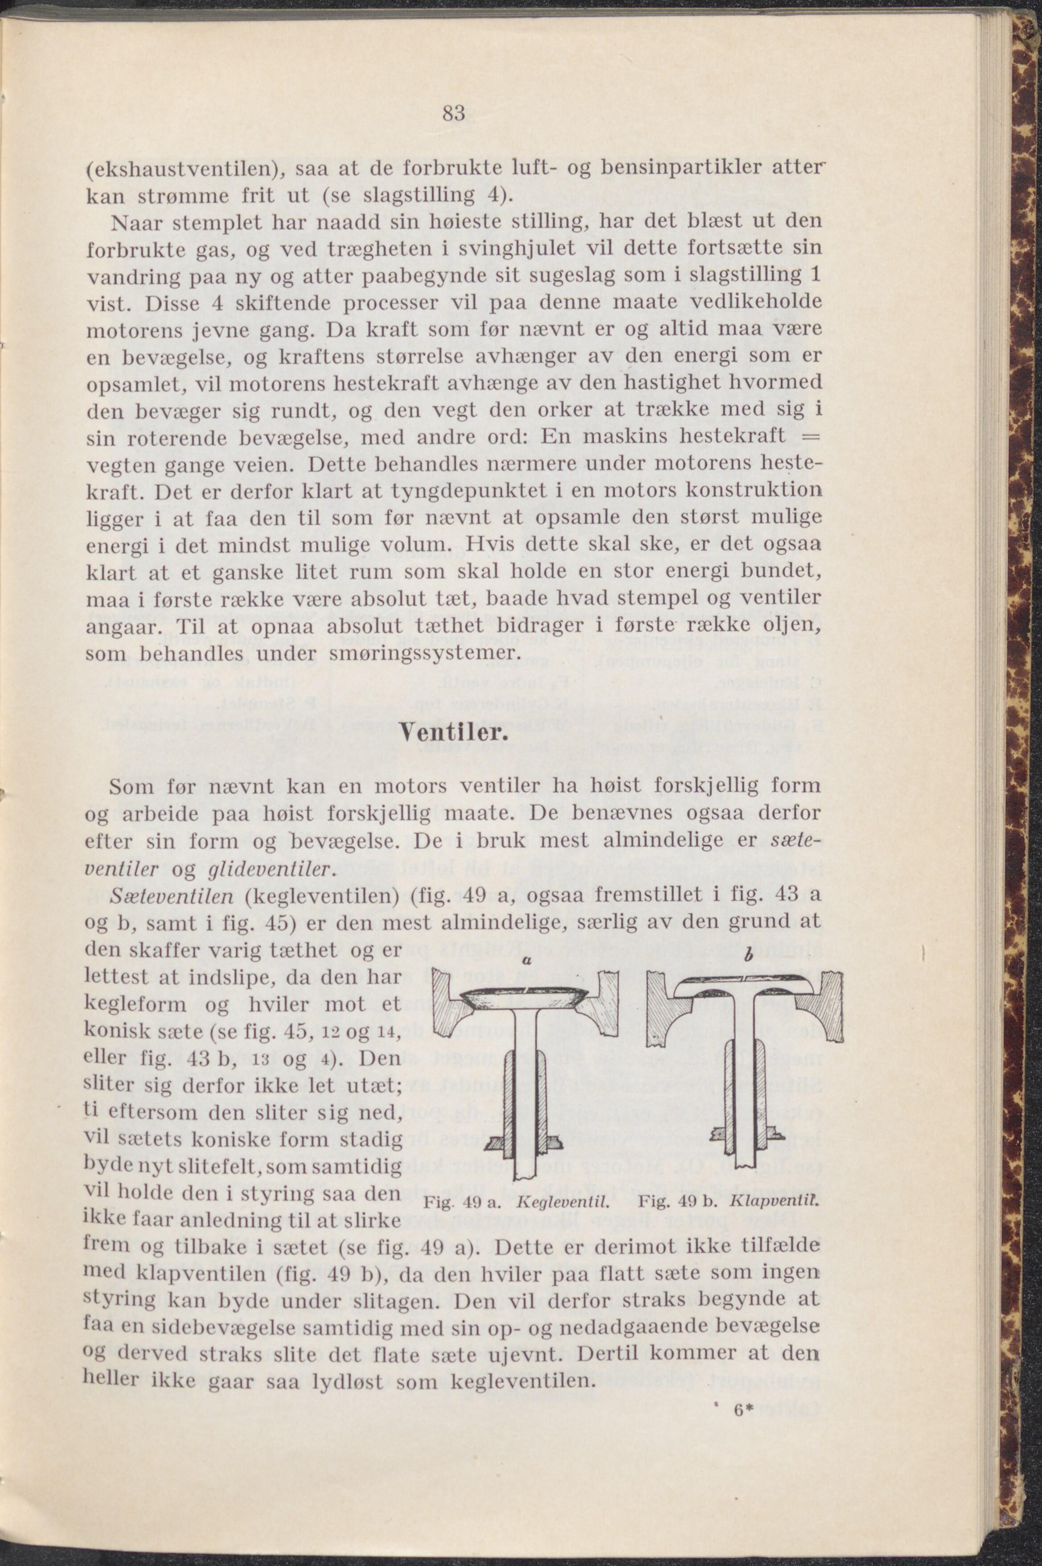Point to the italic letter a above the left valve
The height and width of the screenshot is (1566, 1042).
point(525,960)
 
